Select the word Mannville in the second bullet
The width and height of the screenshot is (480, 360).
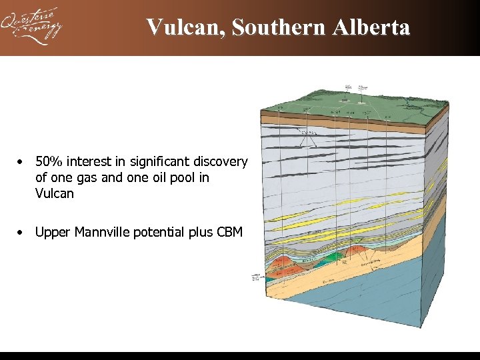tap(98, 233)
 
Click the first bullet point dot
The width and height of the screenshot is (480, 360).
tap(22, 162)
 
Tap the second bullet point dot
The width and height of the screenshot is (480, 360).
tap(22, 233)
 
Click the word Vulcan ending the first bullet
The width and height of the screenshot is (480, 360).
tap(55, 194)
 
